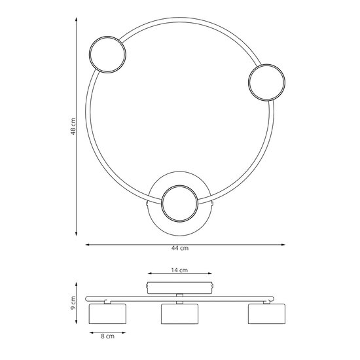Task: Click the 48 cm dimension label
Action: tap(74, 127)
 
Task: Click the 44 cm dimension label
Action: tap(181, 248)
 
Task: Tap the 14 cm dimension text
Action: tap(180, 270)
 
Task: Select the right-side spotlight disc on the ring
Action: tap(266, 82)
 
